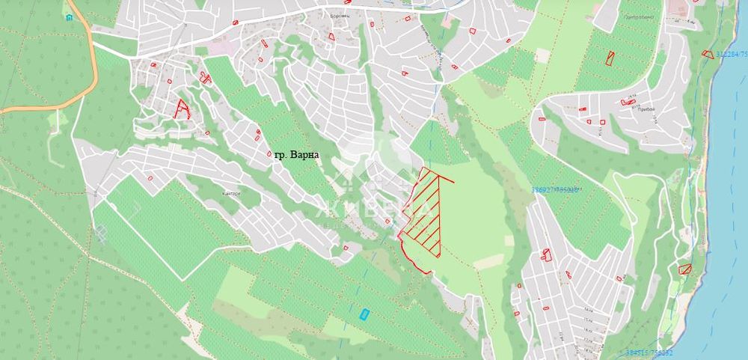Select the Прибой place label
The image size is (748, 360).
(647, 109)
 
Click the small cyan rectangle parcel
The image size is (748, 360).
(364, 314)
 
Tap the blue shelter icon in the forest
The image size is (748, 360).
(70, 16)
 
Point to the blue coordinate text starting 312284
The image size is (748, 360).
(732, 54)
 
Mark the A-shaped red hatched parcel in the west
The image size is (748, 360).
(182, 109)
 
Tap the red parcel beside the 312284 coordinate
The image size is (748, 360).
(708, 53)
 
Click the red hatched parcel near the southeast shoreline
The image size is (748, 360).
(684, 269)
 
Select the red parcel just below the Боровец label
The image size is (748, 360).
(331, 35)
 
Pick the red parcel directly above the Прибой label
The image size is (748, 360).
(628, 102)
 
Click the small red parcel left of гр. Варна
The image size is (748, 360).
(259, 134)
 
